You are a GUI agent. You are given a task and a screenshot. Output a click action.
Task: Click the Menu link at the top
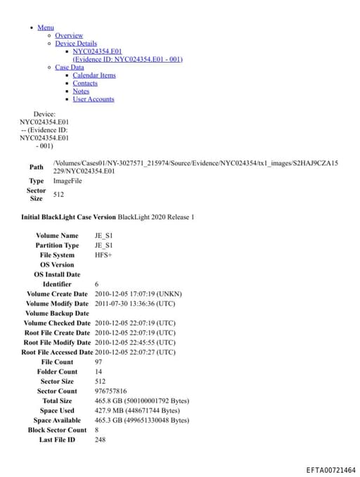pyautogui.click(x=45, y=27)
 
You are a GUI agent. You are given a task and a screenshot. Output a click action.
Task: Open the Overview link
pyautogui.click(x=69, y=35)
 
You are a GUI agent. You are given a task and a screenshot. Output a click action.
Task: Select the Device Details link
pyautogui.click(x=76, y=44)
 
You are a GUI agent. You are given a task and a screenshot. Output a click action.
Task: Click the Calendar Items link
pyautogui.click(x=94, y=75)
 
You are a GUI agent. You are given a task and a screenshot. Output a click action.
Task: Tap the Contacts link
pyautogui.click(x=85, y=83)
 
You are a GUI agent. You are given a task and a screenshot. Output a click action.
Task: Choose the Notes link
pyautogui.click(x=81, y=91)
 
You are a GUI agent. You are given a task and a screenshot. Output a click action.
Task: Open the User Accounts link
pyautogui.click(x=94, y=99)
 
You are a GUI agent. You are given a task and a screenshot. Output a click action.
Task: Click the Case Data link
pyautogui.click(x=69, y=68)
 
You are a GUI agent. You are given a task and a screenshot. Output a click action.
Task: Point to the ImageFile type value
pyautogui.click(x=68, y=181)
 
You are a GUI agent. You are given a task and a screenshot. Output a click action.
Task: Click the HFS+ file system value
pyautogui.click(x=103, y=255)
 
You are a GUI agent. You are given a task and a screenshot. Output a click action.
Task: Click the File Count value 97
pyautogui.click(x=98, y=362)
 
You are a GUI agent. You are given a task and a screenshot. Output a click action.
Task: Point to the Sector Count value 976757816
pyautogui.click(x=110, y=391)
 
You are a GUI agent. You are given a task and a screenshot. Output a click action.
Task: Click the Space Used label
pyautogui.click(x=57, y=411)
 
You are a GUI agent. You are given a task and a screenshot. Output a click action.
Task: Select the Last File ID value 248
pyautogui.click(x=101, y=440)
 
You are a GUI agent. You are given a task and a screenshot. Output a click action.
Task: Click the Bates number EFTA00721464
pyautogui.click(x=330, y=469)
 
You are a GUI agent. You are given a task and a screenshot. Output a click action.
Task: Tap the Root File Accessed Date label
pyautogui.click(x=57, y=352)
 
